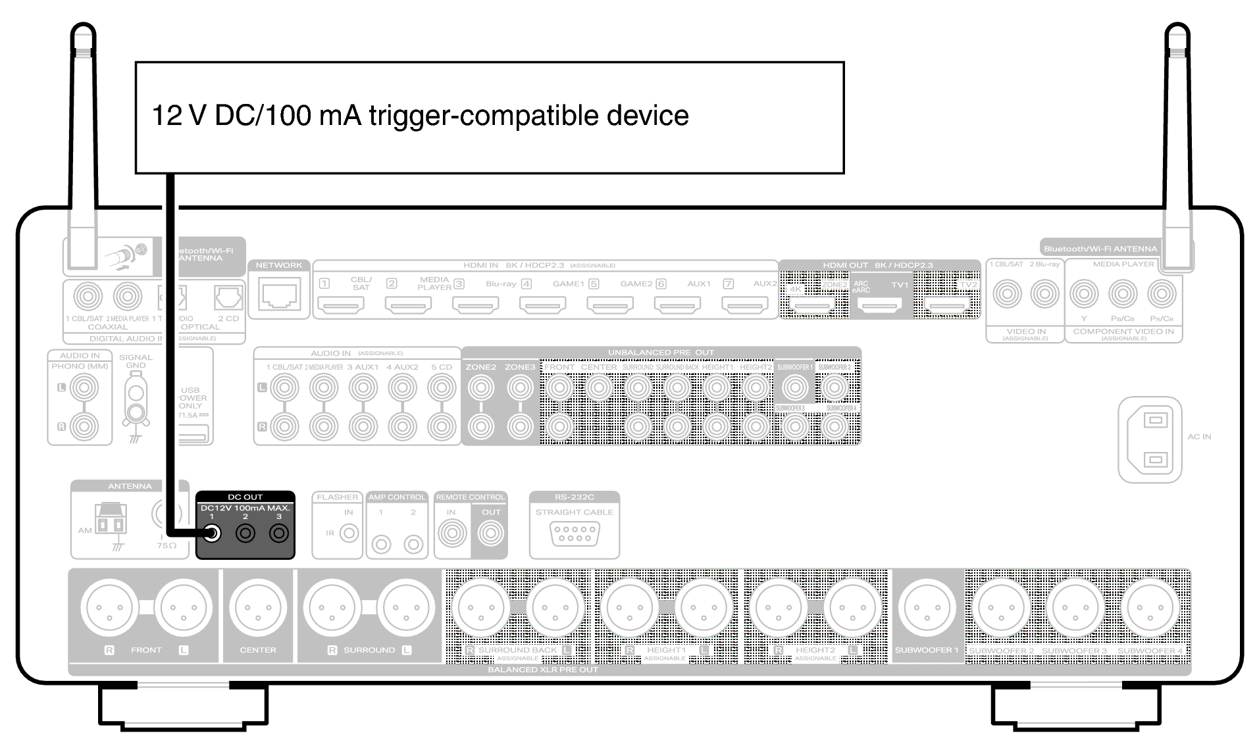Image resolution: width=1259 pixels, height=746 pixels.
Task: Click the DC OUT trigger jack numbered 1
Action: pos(212,533)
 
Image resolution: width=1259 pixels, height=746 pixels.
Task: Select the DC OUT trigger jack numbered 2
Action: pos(245,533)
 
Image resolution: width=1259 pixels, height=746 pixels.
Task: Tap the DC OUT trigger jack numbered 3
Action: pos(279,533)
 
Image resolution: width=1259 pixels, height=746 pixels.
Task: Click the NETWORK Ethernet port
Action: pos(279,293)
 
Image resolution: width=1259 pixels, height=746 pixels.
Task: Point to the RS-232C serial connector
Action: pos(575,533)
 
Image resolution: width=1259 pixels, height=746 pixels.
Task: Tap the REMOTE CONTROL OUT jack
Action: pos(490,533)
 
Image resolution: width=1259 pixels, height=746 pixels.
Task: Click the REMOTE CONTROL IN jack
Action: pos(451,533)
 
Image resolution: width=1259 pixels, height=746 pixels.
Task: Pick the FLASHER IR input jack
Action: pos(349,533)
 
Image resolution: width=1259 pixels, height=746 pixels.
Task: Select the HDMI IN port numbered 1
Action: pos(341,305)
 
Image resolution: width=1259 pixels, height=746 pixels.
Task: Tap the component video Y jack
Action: pos(1084,294)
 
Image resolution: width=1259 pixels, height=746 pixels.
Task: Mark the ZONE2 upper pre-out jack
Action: pos(481,388)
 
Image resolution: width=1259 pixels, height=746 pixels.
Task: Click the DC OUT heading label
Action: pos(245,497)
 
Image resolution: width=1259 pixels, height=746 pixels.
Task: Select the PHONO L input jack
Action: pos(84,388)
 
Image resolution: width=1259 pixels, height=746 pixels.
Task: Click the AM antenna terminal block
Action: pos(110,522)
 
